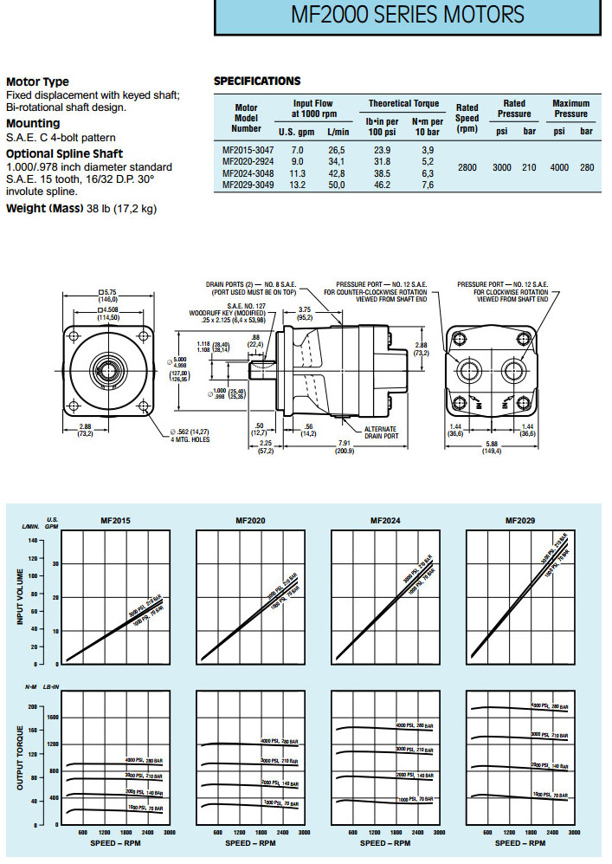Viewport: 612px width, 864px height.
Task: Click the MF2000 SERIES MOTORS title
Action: click(x=407, y=16)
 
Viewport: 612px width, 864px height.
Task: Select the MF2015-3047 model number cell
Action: click(x=248, y=149)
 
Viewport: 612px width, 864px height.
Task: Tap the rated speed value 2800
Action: click(x=467, y=166)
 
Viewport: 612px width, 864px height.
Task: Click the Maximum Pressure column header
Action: click(x=570, y=108)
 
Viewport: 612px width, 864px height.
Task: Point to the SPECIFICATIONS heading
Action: click(x=257, y=81)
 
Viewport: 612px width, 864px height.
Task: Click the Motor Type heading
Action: click(x=37, y=82)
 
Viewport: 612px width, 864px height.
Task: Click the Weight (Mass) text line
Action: click(x=81, y=209)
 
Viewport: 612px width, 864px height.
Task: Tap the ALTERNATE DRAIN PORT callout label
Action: click(x=380, y=432)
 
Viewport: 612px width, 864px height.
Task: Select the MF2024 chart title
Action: click(x=383, y=521)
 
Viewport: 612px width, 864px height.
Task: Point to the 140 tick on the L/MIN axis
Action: click(x=35, y=540)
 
